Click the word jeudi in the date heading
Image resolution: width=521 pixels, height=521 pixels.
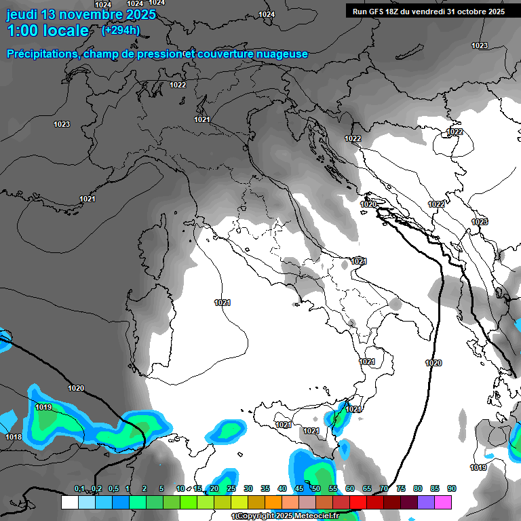click(22, 15)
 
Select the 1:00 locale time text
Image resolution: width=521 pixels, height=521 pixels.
click(47, 31)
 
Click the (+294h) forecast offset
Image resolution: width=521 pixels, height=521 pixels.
click(121, 30)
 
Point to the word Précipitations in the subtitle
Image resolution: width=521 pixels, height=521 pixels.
click(41, 54)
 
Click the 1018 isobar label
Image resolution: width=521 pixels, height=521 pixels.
click(14, 437)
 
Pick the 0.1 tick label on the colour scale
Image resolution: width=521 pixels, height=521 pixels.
click(79, 489)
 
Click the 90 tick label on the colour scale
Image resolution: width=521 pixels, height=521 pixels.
click(452, 489)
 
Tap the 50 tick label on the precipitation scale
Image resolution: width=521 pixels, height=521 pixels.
click(316, 489)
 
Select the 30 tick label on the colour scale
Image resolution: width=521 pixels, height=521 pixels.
click(248, 489)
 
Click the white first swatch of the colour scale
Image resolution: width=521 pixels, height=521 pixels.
click(69, 502)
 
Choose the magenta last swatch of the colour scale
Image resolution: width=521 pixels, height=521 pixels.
click(443, 502)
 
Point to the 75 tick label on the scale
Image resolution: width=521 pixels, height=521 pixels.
click(401, 489)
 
